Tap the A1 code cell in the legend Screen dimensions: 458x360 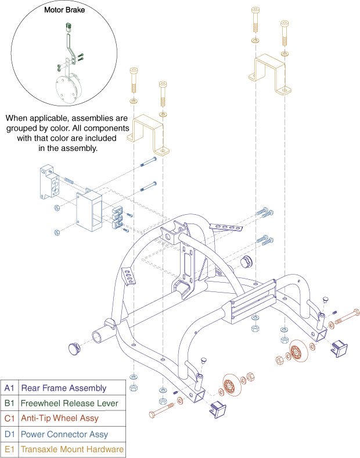(x=9, y=388)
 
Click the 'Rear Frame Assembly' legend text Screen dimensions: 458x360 (x=63, y=388)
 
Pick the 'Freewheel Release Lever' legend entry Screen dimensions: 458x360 (x=69, y=403)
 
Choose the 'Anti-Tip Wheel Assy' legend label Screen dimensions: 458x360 (x=59, y=418)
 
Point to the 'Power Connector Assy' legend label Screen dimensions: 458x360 (x=64, y=434)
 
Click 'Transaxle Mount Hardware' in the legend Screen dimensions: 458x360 (x=71, y=449)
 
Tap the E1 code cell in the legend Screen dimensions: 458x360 (x=9, y=449)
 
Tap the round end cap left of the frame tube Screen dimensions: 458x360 (x=74, y=348)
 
